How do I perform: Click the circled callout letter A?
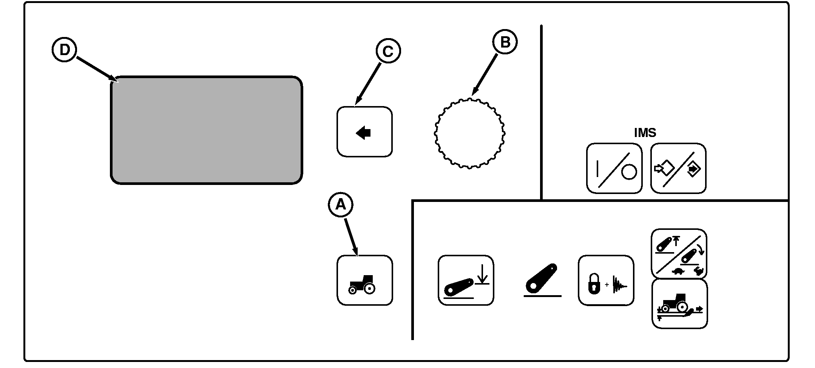[340, 205]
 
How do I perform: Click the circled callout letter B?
[505, 42]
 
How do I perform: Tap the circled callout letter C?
[388, 51]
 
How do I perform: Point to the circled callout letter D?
[64, 50]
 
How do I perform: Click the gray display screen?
[206, 130]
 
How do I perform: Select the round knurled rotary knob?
[469, 133]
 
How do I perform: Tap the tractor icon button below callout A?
[364, 280]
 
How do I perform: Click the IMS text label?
[645, 133]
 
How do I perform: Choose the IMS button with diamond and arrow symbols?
[678, 168]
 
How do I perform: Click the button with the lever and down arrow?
[466, 280]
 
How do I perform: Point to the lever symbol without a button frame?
[542, 282]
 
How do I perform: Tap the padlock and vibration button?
[606, 280]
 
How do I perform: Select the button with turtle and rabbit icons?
[679, 253]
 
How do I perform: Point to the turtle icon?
[678, 271]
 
